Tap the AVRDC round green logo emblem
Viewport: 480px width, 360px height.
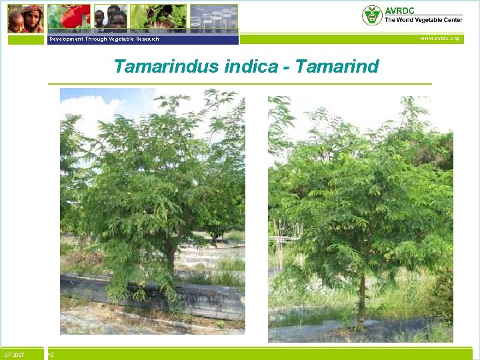pos(371,15)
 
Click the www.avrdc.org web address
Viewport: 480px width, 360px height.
pos(439,39)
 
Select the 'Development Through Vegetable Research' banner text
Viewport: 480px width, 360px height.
pos(104,39)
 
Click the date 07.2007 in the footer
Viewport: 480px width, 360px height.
pos(14,355)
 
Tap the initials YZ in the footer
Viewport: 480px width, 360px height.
pos(51,355)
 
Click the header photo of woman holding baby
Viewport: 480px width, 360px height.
pos(25,18)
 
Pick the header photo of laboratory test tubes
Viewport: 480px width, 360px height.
pos(213,17)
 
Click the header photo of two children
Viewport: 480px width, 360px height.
pos(109,18)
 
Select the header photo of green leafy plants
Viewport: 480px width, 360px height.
pos(158,17)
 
